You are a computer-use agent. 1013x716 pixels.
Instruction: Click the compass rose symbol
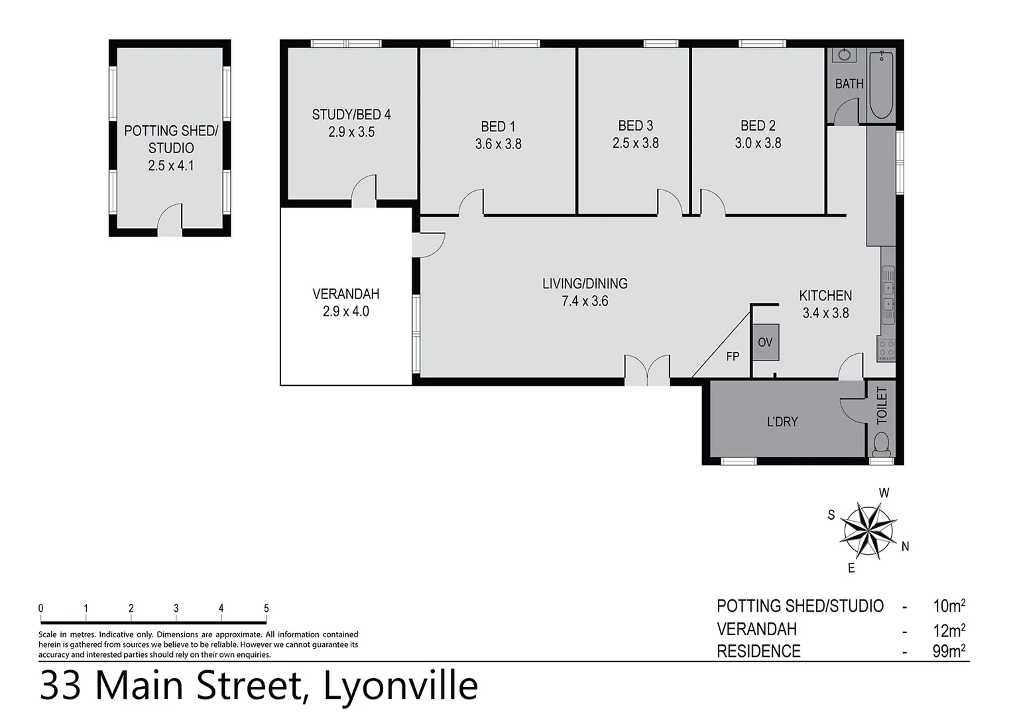(868, 530)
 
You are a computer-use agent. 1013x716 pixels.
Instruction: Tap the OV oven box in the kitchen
(765, 343)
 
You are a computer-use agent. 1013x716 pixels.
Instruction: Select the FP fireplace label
(733, 357)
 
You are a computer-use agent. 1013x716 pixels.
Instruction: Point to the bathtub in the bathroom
(881, 85)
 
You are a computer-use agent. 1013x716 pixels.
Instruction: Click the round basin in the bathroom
(845, 55)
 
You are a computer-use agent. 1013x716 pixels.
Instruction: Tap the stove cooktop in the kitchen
(886, 349)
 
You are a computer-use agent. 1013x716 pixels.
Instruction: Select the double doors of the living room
(648, 371)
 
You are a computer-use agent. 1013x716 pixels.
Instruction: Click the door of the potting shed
(170, 219)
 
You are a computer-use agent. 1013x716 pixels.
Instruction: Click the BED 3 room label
(635, 125)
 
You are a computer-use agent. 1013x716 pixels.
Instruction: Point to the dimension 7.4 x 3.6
(585, 301)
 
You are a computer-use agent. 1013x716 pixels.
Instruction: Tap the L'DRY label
(782, 422)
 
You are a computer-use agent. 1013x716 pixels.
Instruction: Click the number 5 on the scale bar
(266, 608)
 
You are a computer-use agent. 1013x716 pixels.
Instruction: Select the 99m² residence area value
(948, 651)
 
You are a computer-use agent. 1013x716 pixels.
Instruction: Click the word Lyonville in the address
(400, 686)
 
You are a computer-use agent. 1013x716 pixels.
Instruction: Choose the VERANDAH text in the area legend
(756, 628)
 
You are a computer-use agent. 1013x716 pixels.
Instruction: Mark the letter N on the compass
(905, 547)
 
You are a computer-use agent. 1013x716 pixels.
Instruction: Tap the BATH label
(849, 84)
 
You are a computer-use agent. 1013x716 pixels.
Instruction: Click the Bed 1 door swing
(471, 202)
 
